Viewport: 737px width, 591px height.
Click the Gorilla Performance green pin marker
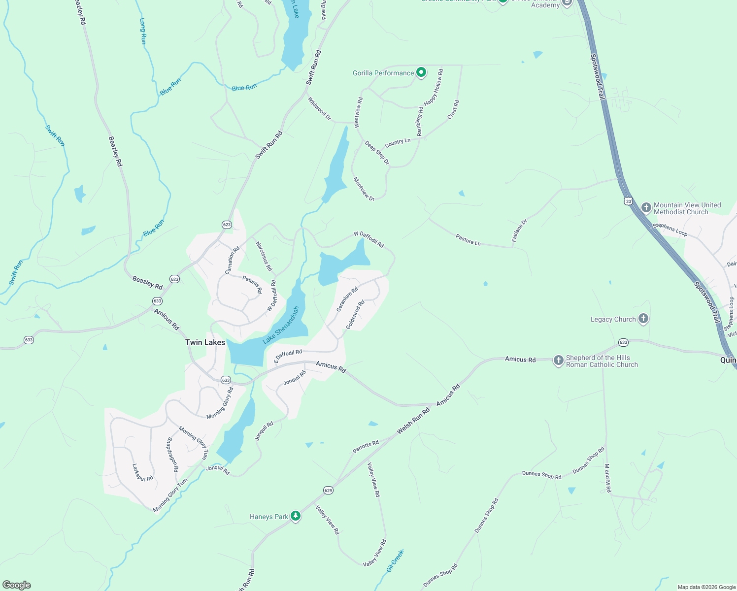421,73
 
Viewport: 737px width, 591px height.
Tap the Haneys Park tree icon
296,516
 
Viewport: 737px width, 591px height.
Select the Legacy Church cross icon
643,319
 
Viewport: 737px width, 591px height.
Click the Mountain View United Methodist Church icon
646,208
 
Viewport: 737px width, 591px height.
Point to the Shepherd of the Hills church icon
558,361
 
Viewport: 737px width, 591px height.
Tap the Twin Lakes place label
205,342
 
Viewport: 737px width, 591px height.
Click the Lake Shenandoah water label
281,325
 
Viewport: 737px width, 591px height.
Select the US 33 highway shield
628,201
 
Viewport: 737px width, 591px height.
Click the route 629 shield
329,490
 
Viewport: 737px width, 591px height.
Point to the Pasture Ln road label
468,240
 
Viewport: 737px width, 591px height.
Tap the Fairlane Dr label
519,230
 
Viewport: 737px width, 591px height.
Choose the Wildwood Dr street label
320,109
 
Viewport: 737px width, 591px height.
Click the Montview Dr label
364,189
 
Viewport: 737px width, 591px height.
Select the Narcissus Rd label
264,256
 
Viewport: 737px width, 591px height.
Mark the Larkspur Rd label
143,472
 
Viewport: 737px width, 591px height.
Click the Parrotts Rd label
366,447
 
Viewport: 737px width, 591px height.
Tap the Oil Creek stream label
395,561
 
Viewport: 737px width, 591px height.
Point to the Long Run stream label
143,32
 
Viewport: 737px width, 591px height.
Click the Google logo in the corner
17,585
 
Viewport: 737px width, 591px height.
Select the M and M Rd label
607,478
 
